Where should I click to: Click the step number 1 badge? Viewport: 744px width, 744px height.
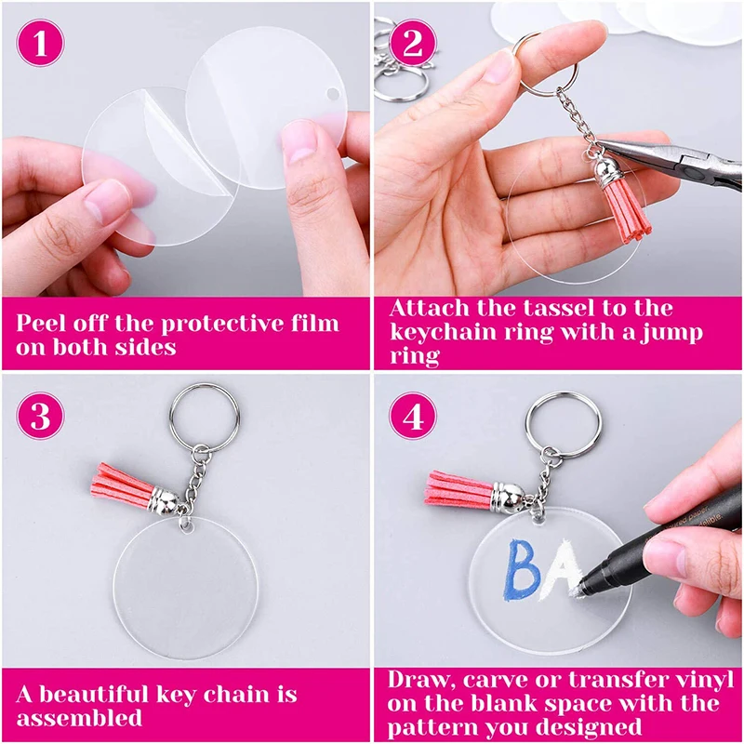[x=41, y=44]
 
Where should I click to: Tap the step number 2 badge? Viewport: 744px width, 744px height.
[x=413, y=44]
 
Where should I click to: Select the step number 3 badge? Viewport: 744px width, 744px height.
[x=41, y=416]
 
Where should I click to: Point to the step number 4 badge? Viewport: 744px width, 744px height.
[x=413, y=416]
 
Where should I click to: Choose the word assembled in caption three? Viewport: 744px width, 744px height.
[x=79, y=717]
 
